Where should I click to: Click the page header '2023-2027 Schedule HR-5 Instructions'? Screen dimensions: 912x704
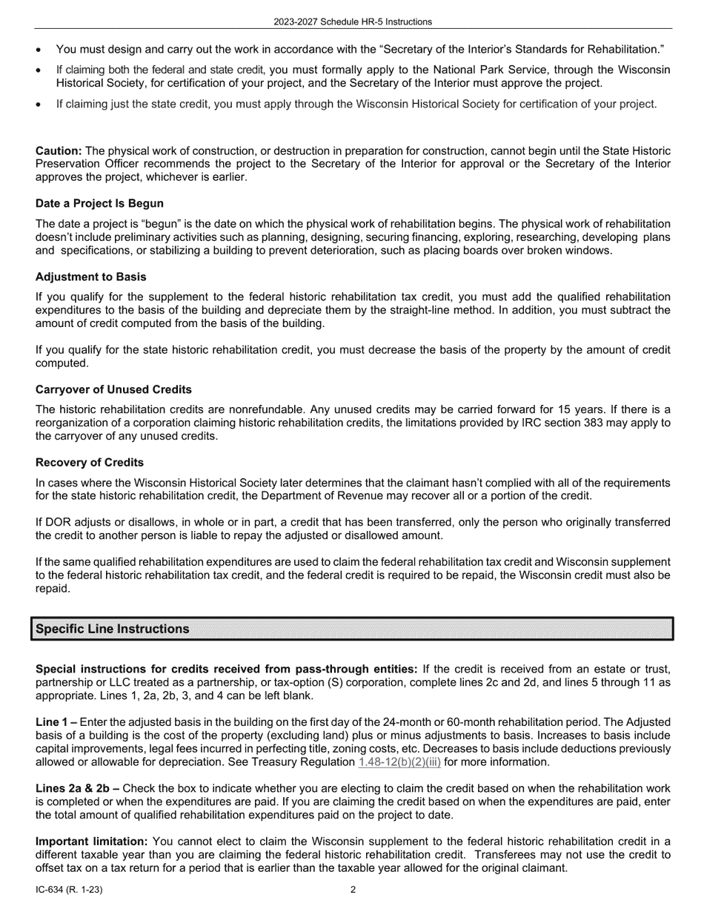click(x=352, y=22)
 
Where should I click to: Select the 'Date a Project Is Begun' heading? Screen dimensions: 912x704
click(x=99, y=203)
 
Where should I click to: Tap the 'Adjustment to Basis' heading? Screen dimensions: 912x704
click(x=90, y=277)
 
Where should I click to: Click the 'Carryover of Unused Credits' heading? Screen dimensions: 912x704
click(x=113, y=389)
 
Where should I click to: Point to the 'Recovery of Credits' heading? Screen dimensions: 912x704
click(x=90, y=463)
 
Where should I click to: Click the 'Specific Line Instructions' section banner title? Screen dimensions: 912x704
click(x=113, y=629)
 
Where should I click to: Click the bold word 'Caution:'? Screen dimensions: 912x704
click(x=59, y=151)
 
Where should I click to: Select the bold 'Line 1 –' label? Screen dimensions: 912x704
click(x=56, y=722)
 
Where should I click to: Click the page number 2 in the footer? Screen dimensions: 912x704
click(x=353, y=890)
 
